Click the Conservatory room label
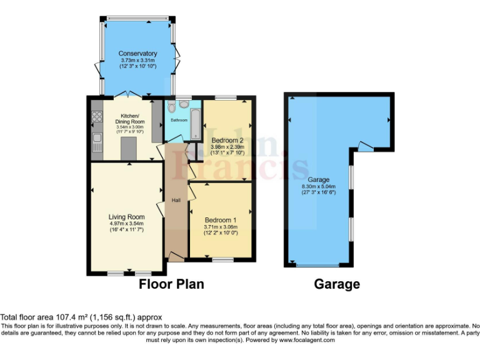point(138,54)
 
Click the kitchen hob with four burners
point(97,116)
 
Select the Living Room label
point(127,217)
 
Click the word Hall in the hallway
point(176,200)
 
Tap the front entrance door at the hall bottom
point(176,256)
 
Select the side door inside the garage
point(366,147)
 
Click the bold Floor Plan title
point(171,284)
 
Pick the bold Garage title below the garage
point(336,284)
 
